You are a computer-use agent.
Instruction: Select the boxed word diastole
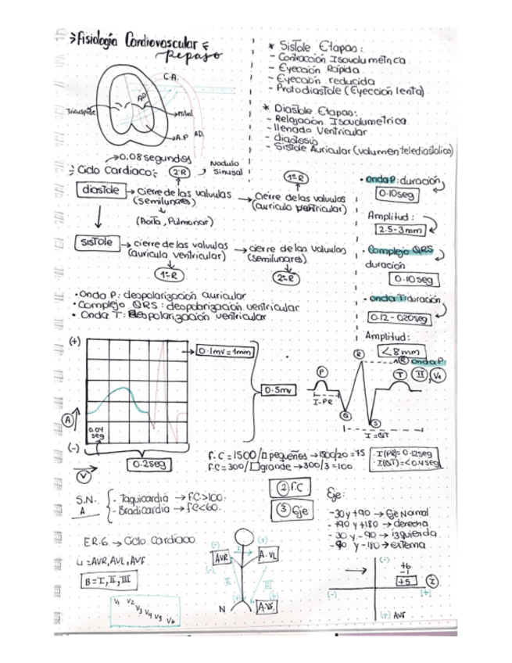[x=99, y=190]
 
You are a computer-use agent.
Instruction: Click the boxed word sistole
[x=97, y=243]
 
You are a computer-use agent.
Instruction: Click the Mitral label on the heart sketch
[x=184, y=114]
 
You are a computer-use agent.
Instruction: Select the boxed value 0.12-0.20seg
[x=399, y=318]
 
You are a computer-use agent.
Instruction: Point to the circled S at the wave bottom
[x=374, y=422]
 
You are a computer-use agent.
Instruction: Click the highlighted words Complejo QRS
[x=400, y=252]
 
